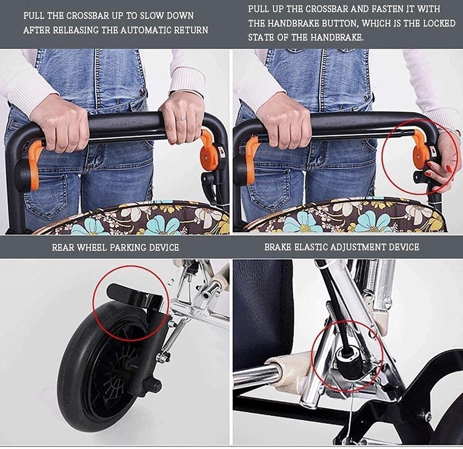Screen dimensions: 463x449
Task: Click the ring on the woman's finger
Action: [x=181, y=118]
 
